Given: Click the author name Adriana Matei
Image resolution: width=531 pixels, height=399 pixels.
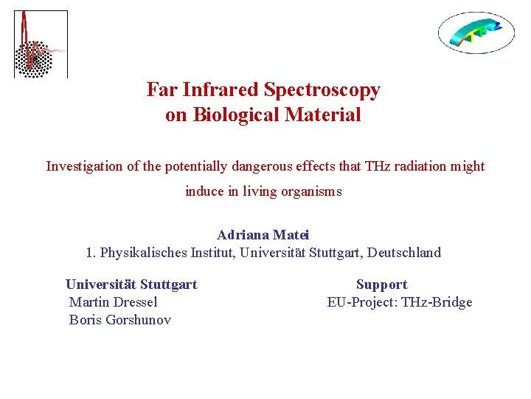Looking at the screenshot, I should (263, 235).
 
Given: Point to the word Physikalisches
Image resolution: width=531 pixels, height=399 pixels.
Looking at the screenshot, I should (144, 253).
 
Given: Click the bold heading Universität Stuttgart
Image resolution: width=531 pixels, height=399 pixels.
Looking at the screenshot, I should (131, 284).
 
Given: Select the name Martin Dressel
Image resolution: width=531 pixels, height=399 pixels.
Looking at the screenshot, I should (113, 302).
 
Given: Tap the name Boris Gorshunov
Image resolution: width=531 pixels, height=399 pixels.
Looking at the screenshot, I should (119, 320).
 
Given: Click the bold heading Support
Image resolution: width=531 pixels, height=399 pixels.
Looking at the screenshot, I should (381, 284).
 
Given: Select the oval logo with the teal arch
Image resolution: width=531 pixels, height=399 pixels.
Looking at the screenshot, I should (476, 32).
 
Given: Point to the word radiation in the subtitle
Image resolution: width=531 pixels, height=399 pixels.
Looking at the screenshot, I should (420, 166).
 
